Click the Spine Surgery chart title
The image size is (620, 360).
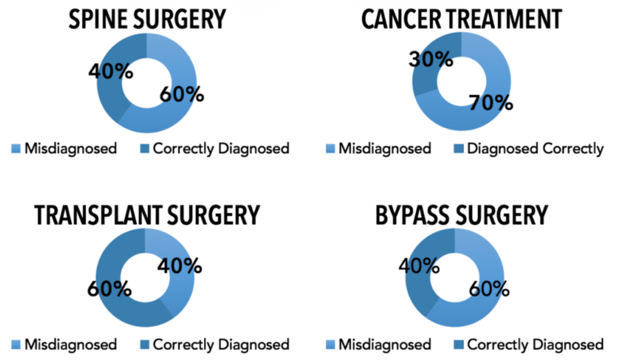click(147, 19)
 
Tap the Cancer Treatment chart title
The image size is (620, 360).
click(462, 19)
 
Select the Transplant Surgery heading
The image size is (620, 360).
click(147, 215)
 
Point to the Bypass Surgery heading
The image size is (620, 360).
click(462, 215)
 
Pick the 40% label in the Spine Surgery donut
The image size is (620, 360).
click(110, 73)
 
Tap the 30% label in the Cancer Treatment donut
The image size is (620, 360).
click(430, 59)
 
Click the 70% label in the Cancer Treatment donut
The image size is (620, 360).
click(492, 103)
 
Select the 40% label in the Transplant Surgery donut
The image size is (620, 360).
click(180, 266)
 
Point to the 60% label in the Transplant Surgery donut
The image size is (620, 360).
click(109, 288)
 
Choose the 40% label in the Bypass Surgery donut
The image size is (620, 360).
click(418, 266)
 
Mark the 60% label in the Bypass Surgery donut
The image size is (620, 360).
click(488, 289)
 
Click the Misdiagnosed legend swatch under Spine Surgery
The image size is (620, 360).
click(16, 149)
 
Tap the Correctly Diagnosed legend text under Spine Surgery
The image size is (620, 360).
click(221, 149)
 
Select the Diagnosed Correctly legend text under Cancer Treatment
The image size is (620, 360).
click(535, 149)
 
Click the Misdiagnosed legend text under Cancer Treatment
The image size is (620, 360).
click(385, 149)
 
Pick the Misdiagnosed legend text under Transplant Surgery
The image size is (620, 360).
click(70, 345)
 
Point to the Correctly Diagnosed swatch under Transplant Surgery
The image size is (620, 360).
click(145, 345)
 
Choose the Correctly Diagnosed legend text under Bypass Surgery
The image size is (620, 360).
click(535, 345)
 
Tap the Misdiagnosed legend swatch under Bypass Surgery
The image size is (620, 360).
click(330, 345)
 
